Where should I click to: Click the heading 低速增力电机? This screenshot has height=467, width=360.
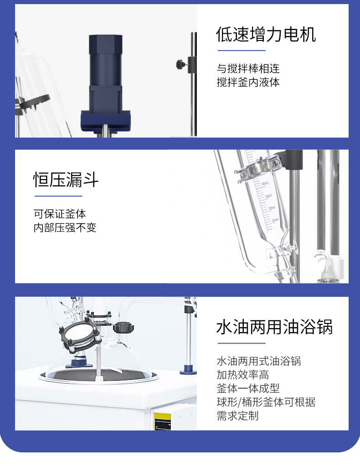[266, 35]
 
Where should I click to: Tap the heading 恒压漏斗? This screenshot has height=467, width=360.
[66, 180]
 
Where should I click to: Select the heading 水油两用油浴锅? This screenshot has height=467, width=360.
[274, 327]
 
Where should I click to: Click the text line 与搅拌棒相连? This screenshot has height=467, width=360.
[248, 68]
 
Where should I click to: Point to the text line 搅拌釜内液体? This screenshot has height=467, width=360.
[248, 82]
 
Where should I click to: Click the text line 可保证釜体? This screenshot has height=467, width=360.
[60, 214]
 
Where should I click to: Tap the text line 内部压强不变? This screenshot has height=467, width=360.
[65, 227]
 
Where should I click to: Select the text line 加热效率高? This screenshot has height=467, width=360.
[243, 375]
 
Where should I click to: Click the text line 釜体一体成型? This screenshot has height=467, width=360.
[248, 388]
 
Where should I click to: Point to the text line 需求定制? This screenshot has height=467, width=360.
[237, 416]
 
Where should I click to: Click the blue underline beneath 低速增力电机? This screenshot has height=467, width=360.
[242, 51]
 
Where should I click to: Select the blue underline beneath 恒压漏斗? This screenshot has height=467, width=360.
[58, 196]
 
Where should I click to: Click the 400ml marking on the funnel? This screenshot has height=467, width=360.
[265, 184]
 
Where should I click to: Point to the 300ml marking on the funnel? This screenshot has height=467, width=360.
[268, 196]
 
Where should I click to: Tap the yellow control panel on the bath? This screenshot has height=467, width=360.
[163, 421]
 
